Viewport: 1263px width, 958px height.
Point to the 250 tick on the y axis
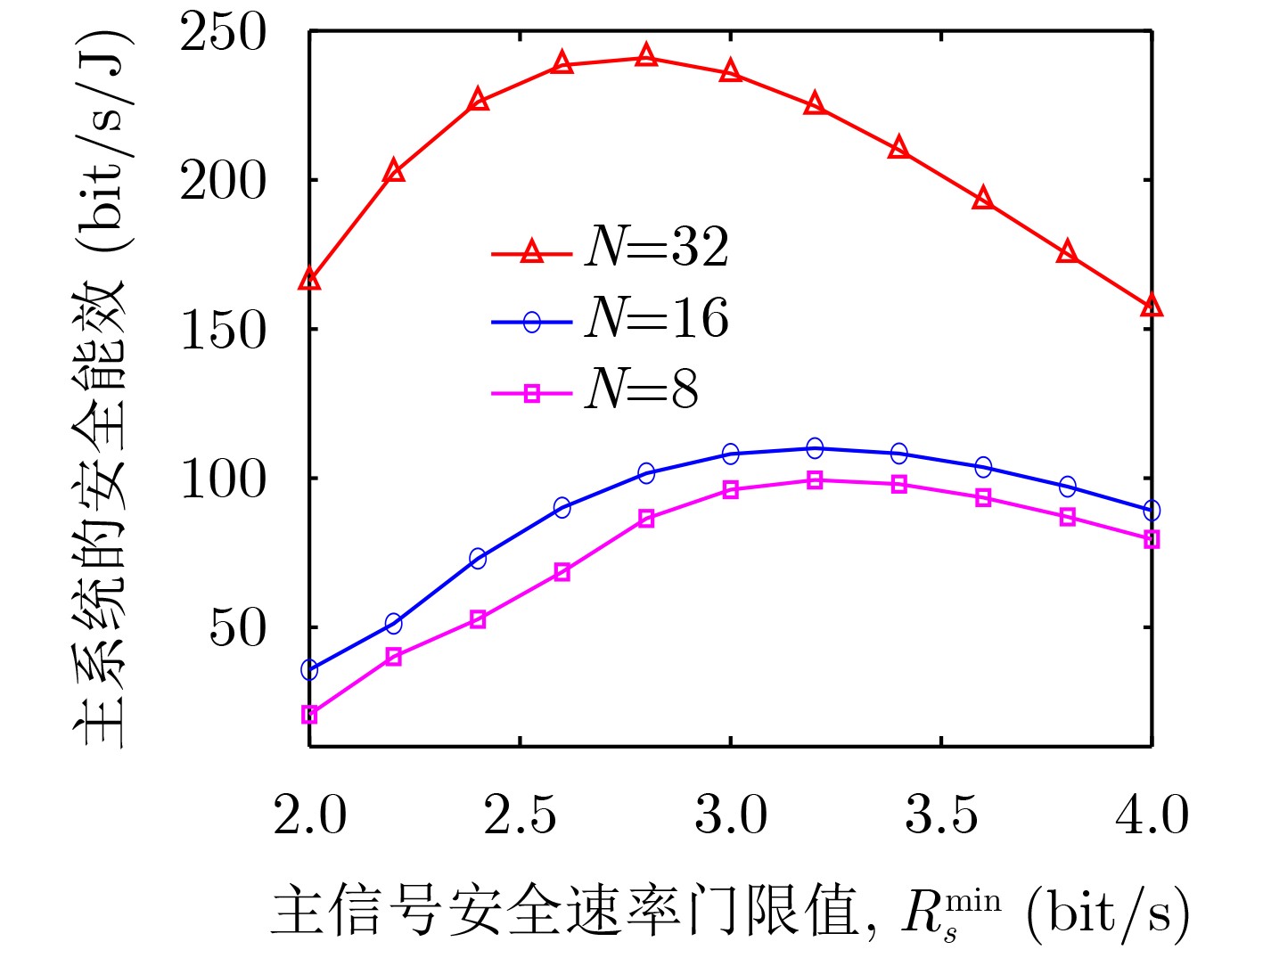[224, 34]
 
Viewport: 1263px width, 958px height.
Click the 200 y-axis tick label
[224, 182]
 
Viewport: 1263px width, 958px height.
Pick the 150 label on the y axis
[224, 331]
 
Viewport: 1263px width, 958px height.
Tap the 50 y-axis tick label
[238, 629]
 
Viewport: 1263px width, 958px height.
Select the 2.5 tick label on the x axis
[520, 815]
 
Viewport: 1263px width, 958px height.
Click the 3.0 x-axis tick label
[731, 815]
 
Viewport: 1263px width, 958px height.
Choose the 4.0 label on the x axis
[1152, 815]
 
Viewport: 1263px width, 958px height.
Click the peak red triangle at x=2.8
[646, 58]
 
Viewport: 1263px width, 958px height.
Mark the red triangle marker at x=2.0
[309, 280]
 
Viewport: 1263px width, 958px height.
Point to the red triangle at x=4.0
[1152, 306]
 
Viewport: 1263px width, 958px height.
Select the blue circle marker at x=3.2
[815, 447]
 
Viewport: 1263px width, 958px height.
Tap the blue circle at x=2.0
[309, 669]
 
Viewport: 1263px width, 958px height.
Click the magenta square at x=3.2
[815, 480]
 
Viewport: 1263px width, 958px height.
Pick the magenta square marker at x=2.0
[309, 714]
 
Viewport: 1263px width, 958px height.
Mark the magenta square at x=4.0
[1152, 539]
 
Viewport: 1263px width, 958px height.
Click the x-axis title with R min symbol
[730, 912]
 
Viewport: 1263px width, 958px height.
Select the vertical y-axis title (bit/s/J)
[100, 389]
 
